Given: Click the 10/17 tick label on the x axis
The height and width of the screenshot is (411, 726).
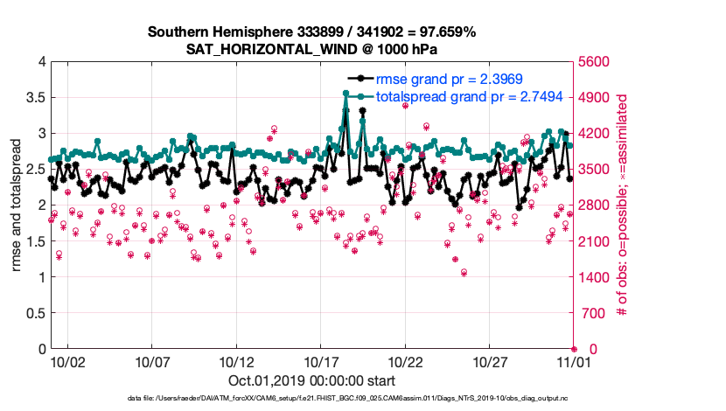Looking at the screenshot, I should (x=320, y=360).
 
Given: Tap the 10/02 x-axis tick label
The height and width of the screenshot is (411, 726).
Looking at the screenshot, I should (x=67, y=360).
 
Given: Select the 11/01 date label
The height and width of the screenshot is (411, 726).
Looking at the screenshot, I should (x=574, y=360).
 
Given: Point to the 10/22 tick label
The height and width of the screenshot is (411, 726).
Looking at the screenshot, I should (x=405, y=360).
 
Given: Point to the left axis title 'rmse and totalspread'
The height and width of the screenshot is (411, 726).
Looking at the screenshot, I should (x=16, y=205).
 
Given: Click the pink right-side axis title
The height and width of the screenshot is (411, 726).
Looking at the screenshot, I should (x=624, y=205).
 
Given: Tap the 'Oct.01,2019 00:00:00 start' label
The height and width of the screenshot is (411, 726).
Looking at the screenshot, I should (x=311, y=380).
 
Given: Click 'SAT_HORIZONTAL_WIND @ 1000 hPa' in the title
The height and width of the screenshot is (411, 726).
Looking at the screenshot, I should (x=311, y=49).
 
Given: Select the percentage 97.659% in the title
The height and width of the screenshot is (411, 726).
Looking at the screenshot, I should (x=445, y=32).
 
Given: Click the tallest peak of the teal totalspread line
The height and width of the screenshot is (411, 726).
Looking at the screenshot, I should (x=346, y=93).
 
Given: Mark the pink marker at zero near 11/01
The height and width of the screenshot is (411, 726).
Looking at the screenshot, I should (x=574, y=349).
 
